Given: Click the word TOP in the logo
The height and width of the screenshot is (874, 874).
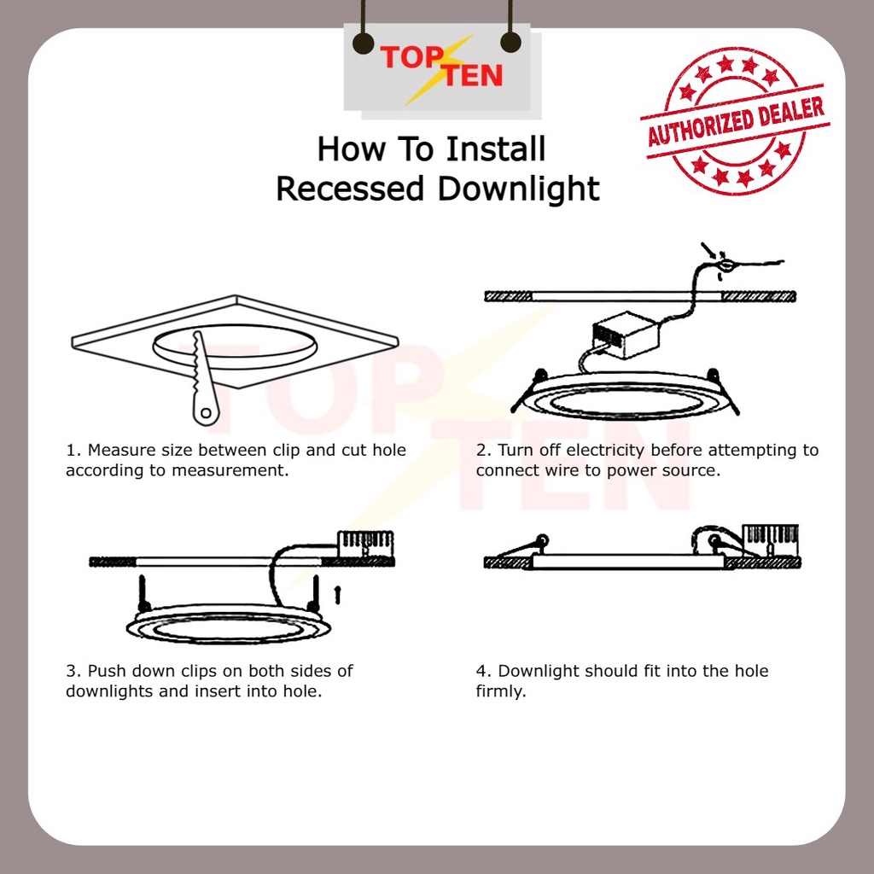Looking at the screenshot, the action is [412, 57].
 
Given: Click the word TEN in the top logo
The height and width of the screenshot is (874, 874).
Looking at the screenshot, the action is [473, 76].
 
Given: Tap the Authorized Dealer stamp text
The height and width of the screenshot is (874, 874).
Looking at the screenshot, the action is [735, 121].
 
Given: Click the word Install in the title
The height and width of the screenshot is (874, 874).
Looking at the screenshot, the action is [496, 149].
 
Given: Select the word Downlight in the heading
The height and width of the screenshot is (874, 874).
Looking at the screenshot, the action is [518, 189].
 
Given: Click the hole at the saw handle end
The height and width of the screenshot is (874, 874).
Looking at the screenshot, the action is [207, 413].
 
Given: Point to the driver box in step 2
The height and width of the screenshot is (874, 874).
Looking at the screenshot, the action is [626, 334].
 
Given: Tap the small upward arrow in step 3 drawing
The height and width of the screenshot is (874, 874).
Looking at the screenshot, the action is [336, 594].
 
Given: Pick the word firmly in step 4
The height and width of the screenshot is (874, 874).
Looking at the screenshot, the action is [500, 691].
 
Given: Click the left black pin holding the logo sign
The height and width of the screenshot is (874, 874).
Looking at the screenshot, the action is [364, 44].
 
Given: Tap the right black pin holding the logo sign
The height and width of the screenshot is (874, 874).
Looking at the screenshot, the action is [510, 43].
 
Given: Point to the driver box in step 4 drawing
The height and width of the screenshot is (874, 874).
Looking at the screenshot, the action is [772, 539].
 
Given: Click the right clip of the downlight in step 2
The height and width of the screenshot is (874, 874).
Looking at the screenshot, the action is [723, 390].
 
